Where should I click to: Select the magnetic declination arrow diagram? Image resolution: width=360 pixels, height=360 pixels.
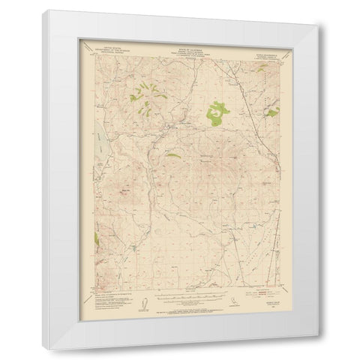(139, 302)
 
